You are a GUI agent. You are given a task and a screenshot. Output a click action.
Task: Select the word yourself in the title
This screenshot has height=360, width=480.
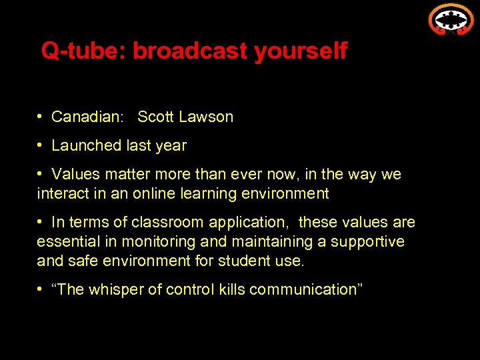point(301,51)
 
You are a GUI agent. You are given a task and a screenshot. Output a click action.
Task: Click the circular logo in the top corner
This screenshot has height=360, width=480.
point(451,18)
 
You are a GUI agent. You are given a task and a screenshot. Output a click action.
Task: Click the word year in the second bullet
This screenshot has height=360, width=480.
point(171,145)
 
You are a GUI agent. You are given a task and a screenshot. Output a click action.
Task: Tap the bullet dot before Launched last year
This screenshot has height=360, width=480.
point(41,145)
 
